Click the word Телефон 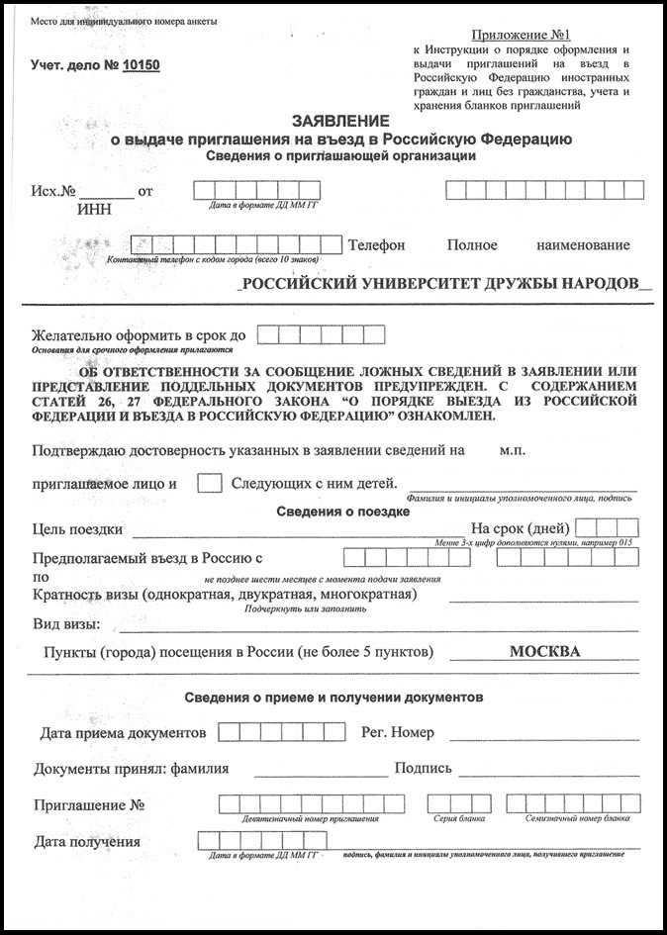tap(376, 244)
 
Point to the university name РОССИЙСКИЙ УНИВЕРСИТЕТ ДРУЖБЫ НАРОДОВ tap(440, 283)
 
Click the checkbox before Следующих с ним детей tap(209, 484)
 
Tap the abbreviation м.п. tap(512, 450)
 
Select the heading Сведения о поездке tap(341, 512)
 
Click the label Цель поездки tap(78, 529)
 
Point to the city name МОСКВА tap(544, 652)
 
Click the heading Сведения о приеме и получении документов tap(333, 698)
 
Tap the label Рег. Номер tap(399, 733)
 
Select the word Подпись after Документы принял tap(423, 769)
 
